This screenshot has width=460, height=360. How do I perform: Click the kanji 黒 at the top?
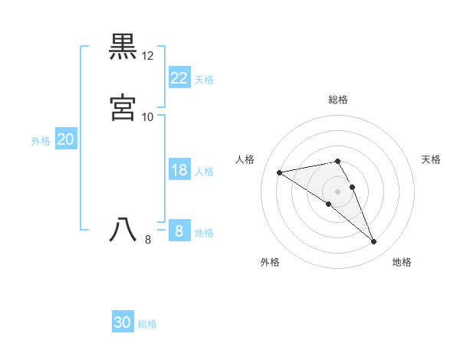123,47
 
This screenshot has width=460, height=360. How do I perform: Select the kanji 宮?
123,108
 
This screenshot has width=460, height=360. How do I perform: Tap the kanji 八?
123,231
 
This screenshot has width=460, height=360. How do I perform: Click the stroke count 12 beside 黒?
148,56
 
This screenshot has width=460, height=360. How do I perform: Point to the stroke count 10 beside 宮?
148,116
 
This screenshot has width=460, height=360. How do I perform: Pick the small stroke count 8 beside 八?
148,240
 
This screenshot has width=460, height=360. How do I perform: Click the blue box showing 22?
179,77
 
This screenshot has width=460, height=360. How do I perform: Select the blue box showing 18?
179,170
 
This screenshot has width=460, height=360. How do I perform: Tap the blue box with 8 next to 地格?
179,231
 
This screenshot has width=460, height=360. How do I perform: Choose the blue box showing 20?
65,139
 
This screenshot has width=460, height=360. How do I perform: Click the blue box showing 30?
123,322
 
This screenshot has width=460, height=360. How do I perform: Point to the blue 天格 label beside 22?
204,79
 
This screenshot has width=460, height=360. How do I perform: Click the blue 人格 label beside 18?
204,172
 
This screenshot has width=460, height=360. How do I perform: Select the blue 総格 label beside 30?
147,324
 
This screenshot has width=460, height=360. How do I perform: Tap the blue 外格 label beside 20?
40,141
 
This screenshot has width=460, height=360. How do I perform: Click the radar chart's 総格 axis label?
338,100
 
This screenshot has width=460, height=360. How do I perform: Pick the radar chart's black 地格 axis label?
402,262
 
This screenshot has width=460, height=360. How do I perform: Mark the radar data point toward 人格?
280,172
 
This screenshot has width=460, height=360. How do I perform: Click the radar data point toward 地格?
374,242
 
